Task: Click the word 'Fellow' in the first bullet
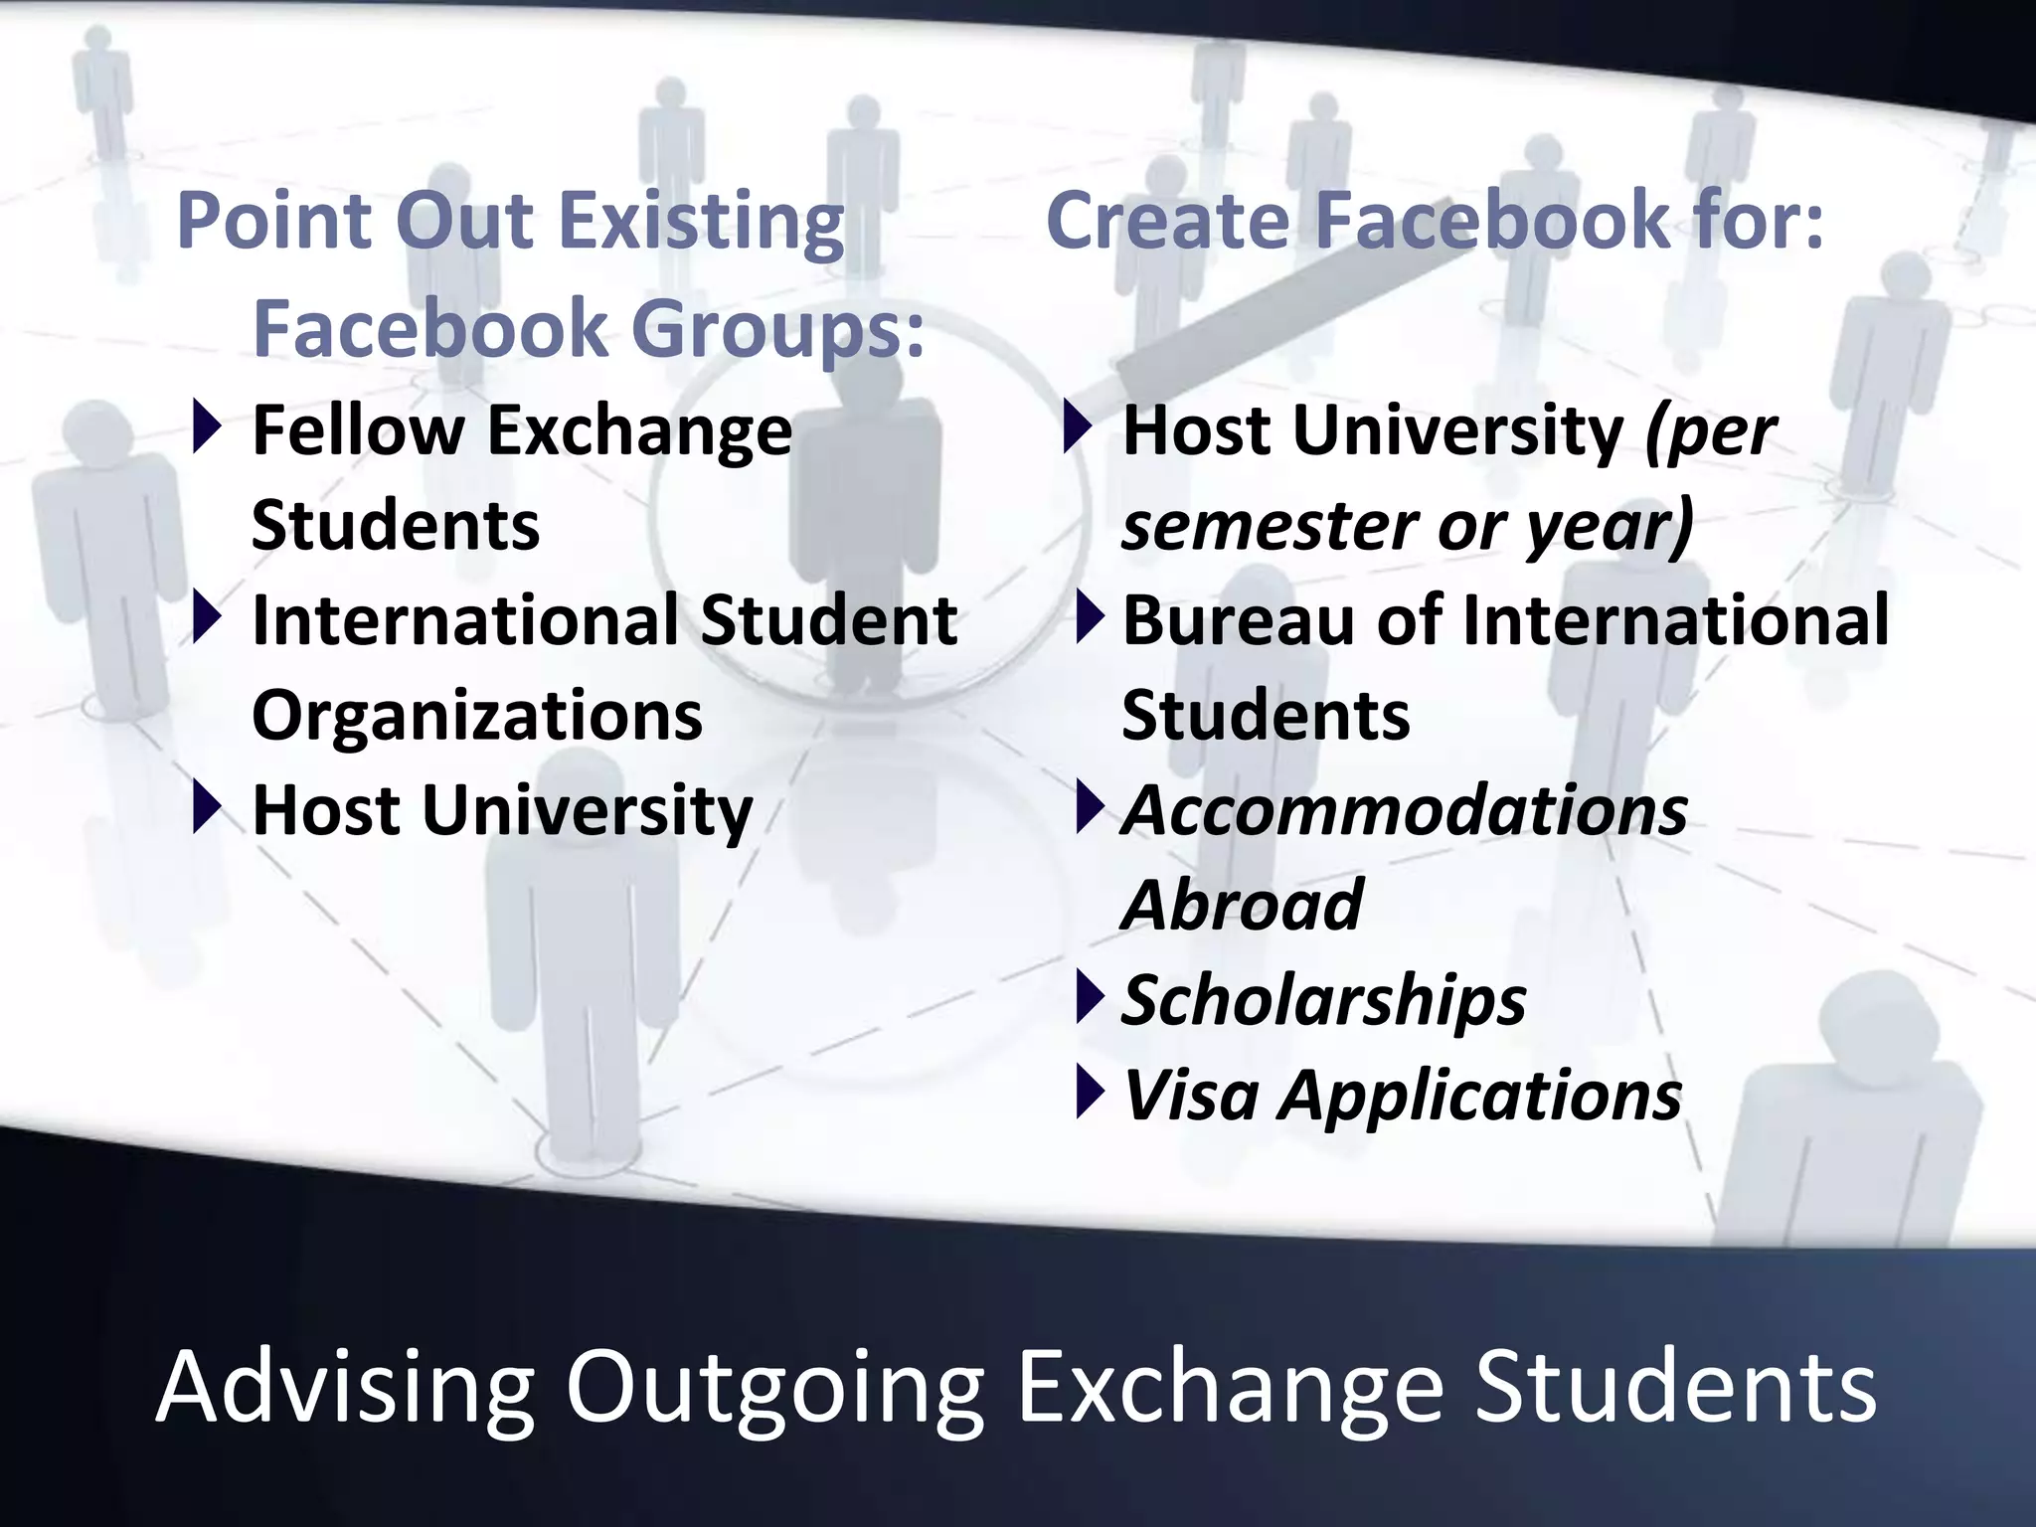(x=358, y=431)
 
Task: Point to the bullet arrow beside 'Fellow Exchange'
(x=207, y=428)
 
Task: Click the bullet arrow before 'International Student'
(x=207, y=617)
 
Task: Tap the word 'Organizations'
(x=477, y=715)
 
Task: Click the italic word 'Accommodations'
(x=1405, y=810)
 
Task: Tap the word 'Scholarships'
(x=1323, y=1000)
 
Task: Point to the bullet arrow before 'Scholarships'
(x=1090, y=997)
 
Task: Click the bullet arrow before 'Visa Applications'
(x=1090, y=1092)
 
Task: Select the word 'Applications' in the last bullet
(x=1480, y=1097)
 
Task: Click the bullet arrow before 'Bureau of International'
(x=1090, y=617)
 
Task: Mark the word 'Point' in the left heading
(x=274, y=222)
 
